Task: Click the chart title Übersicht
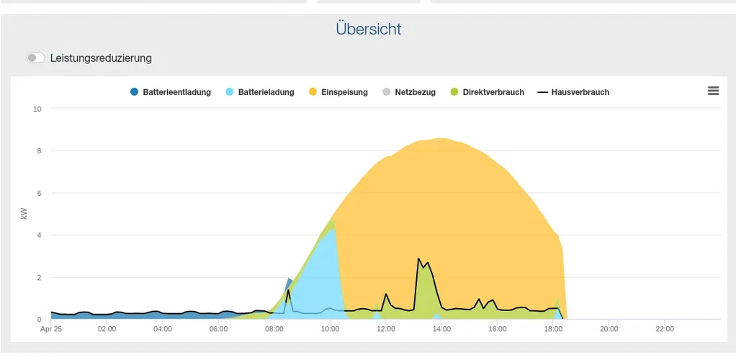click(368, 30)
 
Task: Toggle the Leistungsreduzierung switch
click(36, 58)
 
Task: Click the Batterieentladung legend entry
click(171, 92)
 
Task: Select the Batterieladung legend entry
click(260, 92)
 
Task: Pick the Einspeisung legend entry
click(338, 92)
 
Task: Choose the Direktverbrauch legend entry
click(487, 92)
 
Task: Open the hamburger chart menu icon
click(713, 91)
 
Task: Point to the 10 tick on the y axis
click(37, 109)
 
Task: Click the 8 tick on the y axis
click(39, 151)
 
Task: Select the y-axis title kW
click(24, 214)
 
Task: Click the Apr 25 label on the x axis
click(51, 329)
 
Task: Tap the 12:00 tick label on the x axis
click(386, 329)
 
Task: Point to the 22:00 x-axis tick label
click(665, 329)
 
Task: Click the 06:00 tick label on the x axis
click(219, 329)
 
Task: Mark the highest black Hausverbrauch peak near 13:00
click(418, 258)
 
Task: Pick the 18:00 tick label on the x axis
click(553, 329)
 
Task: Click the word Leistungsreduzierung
click(101, 58)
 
